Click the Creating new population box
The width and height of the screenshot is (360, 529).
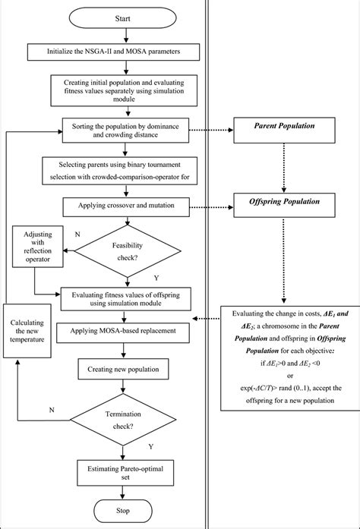[x=123, y=369]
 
